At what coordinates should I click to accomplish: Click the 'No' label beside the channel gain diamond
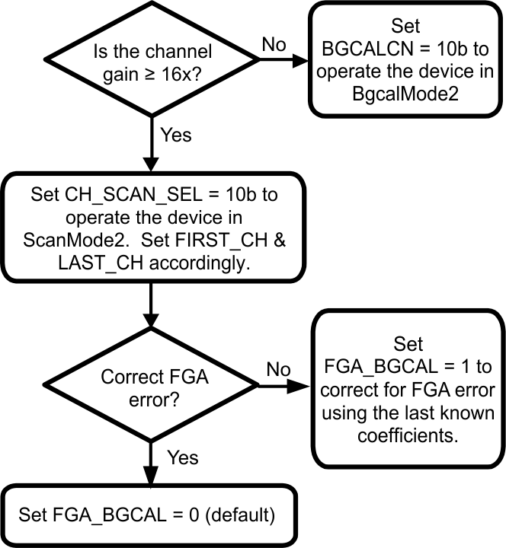274,44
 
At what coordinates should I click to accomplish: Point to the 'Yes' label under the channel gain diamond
177,135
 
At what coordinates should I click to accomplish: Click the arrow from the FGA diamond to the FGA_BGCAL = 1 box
286,387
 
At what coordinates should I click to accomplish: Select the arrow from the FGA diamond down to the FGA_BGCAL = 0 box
152,464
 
